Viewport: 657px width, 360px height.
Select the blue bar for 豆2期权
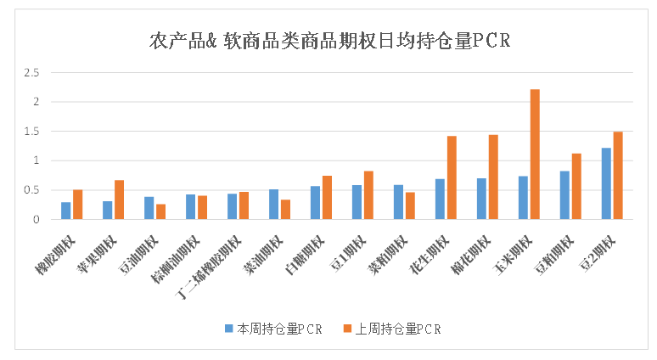606,183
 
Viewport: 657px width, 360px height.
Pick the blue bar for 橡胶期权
65,211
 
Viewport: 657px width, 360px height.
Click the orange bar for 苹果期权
119,200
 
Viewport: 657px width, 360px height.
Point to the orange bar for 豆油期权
161,211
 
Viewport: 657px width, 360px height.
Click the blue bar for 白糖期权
315,202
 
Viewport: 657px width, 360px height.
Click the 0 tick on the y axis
36,220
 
